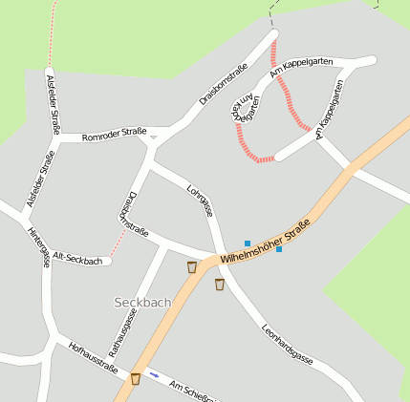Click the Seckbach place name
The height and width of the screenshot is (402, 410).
142,302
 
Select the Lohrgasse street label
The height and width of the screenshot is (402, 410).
200,200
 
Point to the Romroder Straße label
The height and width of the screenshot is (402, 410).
114,136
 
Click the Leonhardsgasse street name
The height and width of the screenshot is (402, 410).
287,344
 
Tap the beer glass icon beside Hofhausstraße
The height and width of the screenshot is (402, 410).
136,378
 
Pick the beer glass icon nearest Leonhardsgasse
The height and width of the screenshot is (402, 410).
220,285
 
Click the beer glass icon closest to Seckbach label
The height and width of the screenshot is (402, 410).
192,267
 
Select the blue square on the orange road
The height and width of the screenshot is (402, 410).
279,250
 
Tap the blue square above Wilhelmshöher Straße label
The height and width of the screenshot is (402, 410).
248,243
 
